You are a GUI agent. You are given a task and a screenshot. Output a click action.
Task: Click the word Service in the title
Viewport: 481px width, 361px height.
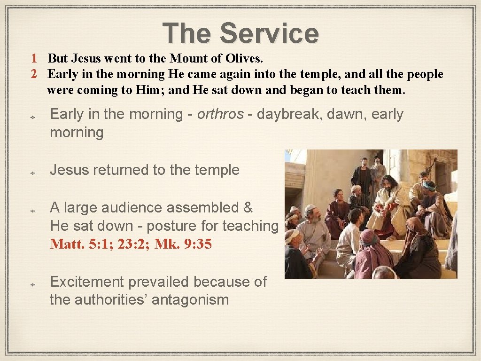tap(269, 33)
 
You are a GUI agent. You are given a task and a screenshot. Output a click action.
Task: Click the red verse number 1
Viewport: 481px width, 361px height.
tap(34, 59)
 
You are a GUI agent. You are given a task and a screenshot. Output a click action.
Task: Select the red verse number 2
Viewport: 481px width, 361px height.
tap(34, 74)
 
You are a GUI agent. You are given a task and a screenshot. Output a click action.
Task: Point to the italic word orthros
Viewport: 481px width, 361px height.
tap(220, 114)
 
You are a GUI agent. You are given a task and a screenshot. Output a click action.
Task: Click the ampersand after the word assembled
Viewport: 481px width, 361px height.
tap(248, 207)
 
